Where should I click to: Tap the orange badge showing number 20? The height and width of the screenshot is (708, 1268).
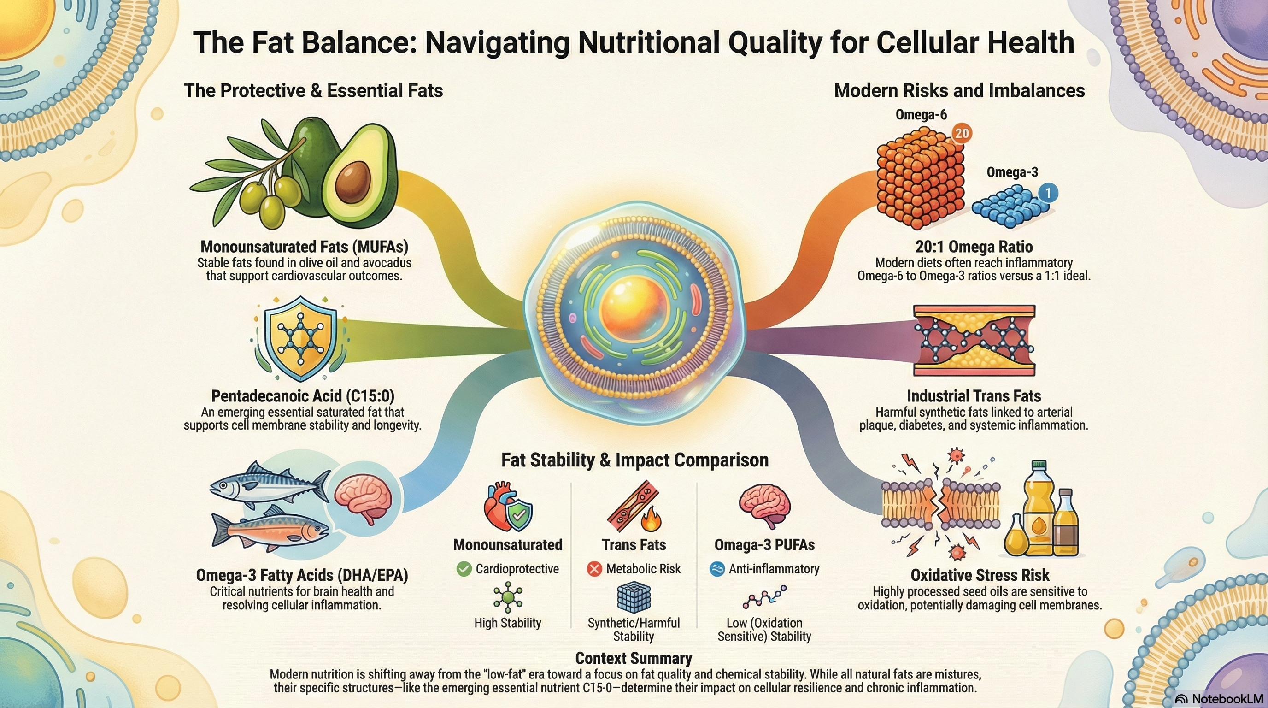pos(961,133)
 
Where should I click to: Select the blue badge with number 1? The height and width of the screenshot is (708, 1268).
pos(1048,193)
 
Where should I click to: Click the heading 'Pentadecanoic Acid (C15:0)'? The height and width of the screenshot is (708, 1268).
pos(303,396)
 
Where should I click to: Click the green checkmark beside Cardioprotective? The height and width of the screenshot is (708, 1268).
pos(464,569)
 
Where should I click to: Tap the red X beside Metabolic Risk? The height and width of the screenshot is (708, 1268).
pos(595,569)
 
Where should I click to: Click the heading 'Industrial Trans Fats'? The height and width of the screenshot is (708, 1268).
pos(974,396)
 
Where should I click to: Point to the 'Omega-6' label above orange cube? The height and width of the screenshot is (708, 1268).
pos(921,115)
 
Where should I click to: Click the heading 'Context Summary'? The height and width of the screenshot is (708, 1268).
pos(634,658)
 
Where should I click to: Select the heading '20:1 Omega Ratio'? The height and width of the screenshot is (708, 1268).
pos(974,247)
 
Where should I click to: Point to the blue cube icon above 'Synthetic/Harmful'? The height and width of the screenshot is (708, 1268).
pos(634,596)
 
